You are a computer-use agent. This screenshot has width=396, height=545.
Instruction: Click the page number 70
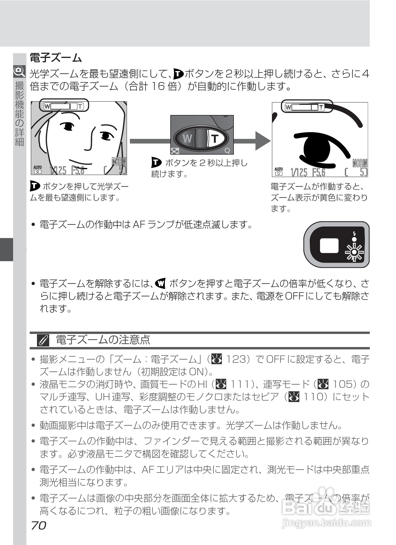(x=38, y=525)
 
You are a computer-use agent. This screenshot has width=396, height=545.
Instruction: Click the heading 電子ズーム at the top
(x=56, y=58)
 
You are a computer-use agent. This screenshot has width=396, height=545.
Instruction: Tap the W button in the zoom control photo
(x=187, y=138)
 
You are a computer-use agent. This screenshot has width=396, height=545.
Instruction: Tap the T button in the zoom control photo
(x=215, y=138)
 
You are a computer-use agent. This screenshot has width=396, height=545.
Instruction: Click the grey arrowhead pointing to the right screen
(x=262, y=141)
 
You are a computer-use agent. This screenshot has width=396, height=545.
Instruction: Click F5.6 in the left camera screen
(x=78, y=170)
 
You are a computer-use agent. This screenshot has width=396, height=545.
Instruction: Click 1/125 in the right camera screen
(x=299, y=173)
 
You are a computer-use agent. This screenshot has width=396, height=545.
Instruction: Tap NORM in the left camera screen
(x=119, y=161)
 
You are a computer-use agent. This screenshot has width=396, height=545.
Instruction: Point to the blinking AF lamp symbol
(x=354, y=252)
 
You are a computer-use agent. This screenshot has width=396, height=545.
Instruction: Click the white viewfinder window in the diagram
(x=329, y=245)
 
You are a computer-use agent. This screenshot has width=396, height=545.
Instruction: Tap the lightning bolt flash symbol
(x=354, y=233)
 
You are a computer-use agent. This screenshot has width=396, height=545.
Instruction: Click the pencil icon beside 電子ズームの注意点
(x=43, y=340)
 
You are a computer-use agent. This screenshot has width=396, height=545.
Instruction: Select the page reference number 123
(x=236, y=359)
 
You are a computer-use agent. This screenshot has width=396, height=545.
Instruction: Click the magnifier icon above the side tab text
(x=19, y=71)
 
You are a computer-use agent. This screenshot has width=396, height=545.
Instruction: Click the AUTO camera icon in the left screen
(x=38, y=169)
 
